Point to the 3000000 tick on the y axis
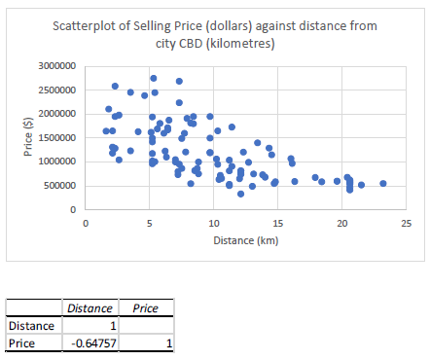[55, 66]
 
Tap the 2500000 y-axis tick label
[55, 90]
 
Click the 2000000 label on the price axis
[55, 114]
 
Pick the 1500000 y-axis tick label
[55, 138]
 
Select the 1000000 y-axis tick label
[55, 162]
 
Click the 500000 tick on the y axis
[58, 186]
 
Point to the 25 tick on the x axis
[406, 223]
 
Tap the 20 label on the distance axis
[341, 223]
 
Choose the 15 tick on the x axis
[277, 223]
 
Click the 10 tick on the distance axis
[213, 223]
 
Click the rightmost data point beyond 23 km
[383, 183]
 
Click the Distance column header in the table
[90, 308]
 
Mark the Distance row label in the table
[27, 326]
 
